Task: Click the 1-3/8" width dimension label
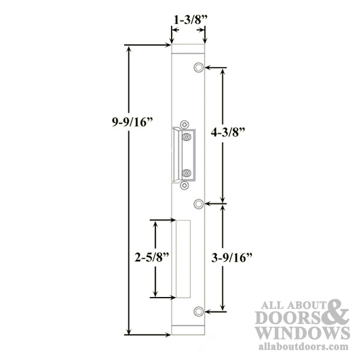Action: click(x=190, y=20)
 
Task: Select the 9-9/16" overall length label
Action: click(x=132, y=122)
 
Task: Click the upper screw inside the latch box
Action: click(x=188, y=138)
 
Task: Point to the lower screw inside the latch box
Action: click(x=188, y=173)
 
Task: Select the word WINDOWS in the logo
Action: click(x=302, y=333)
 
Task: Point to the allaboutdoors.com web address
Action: click(x=302, y=347)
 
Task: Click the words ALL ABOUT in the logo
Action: click(x=291, y=304)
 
